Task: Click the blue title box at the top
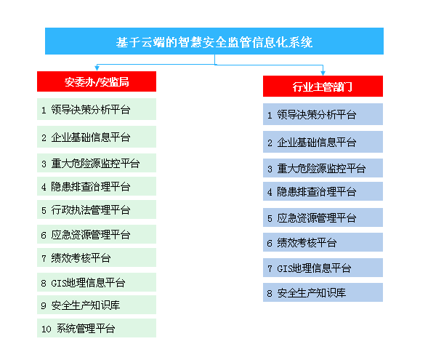(x=214, y=41)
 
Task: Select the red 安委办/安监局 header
(x=97, y=81)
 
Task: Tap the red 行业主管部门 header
(x=323, y=86)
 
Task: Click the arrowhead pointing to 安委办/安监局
(x=97, y=68)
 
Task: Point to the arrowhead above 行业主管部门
(x=323, y=73)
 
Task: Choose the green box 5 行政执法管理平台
(x=97, y=209)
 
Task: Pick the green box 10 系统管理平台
(x=97, y=328)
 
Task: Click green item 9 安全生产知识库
(x=97, y=305)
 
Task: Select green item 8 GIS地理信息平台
(x=97, y=282)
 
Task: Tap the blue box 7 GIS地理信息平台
(x=323, y=268)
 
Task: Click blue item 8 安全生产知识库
(x=323, y=292)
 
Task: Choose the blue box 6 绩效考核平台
(x=323, y=242)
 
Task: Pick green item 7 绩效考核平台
(x=97, y=257)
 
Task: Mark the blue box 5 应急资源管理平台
(x=323, y=217)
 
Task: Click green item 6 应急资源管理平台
(x=97, y=234)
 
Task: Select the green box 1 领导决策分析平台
(x=97, y=109)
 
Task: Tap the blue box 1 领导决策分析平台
(x=323, y=114)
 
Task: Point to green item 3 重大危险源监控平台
(x=97, y=163)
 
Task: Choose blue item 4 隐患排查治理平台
(x=323, y=191)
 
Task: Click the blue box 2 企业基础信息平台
(x=323, y=142)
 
